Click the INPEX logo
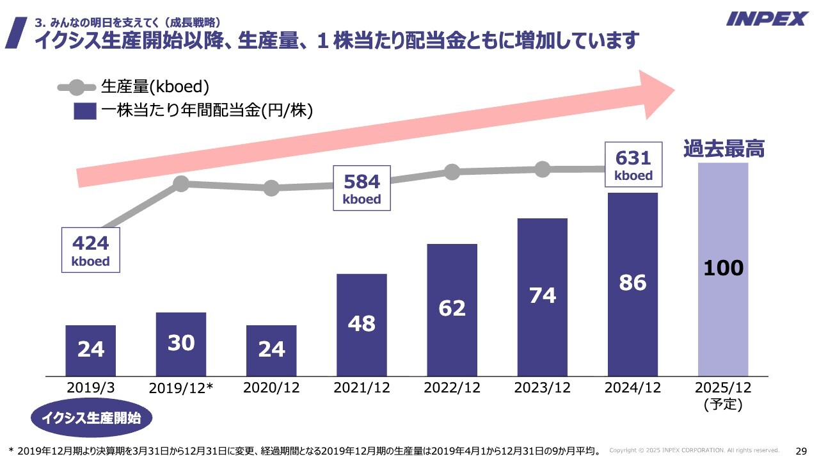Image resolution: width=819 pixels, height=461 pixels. [x=767, y=19]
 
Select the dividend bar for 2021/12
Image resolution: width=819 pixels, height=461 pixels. [x=362, y=325]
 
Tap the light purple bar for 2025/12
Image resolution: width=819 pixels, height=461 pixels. [x=723, y=269]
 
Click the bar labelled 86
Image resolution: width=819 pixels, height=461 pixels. [x=633, y=284]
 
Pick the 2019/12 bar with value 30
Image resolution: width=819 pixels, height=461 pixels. [x=181, y=344]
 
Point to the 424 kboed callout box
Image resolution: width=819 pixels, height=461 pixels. [x=91, y=250]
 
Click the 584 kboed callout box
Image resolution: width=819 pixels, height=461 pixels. [x=362, y=188]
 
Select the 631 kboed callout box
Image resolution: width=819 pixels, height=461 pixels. [x=633, y=165]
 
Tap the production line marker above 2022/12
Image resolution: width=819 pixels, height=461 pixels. [x=452, y=172]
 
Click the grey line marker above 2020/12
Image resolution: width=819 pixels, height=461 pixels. [x=271, y=188]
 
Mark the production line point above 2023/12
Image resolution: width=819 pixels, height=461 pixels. [x=543, y=169]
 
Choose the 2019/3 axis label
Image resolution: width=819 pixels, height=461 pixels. [x=90, y=387]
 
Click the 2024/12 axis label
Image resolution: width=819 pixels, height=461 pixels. [x=633, y=387]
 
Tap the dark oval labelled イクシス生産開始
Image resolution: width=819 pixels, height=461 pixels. [x=91, y=419]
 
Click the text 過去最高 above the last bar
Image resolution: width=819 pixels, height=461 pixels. [x=724, y=149]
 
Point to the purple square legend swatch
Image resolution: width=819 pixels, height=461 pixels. [x=84, y=111]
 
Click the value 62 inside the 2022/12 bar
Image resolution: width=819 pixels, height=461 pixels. [x=452, y=309]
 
